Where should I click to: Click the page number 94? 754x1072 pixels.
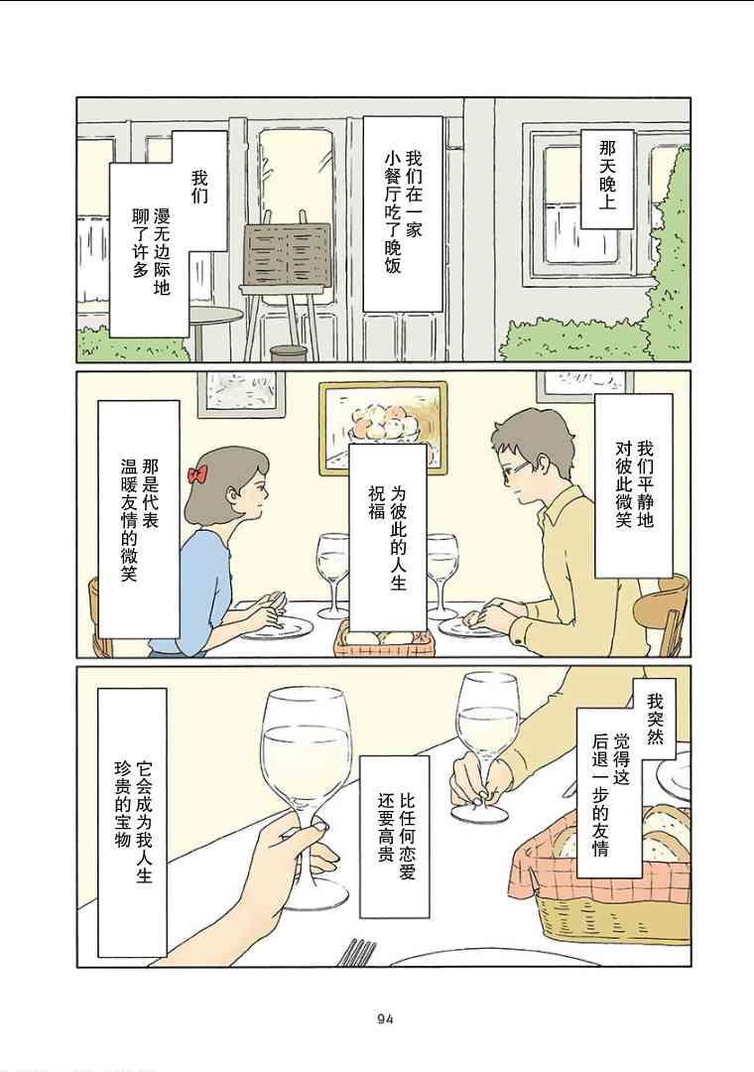point(385,1018)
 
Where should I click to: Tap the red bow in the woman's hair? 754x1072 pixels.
point(196,473)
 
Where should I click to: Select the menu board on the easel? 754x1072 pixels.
point(287,254)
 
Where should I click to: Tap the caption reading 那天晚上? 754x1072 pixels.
point(607,175)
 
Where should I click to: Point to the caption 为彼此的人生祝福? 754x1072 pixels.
point(388,537)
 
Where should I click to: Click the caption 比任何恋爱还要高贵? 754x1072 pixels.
point(396,836)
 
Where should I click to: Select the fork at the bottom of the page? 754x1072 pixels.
point(357,953)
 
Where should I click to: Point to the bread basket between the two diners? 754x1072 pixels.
point(384,639)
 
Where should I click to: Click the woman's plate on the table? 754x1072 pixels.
point(277,628)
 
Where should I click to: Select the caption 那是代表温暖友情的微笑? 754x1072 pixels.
point(140,519)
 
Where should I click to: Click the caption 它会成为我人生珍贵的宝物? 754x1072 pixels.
point(133,821)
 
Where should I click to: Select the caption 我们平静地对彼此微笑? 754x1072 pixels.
point(634,484)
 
